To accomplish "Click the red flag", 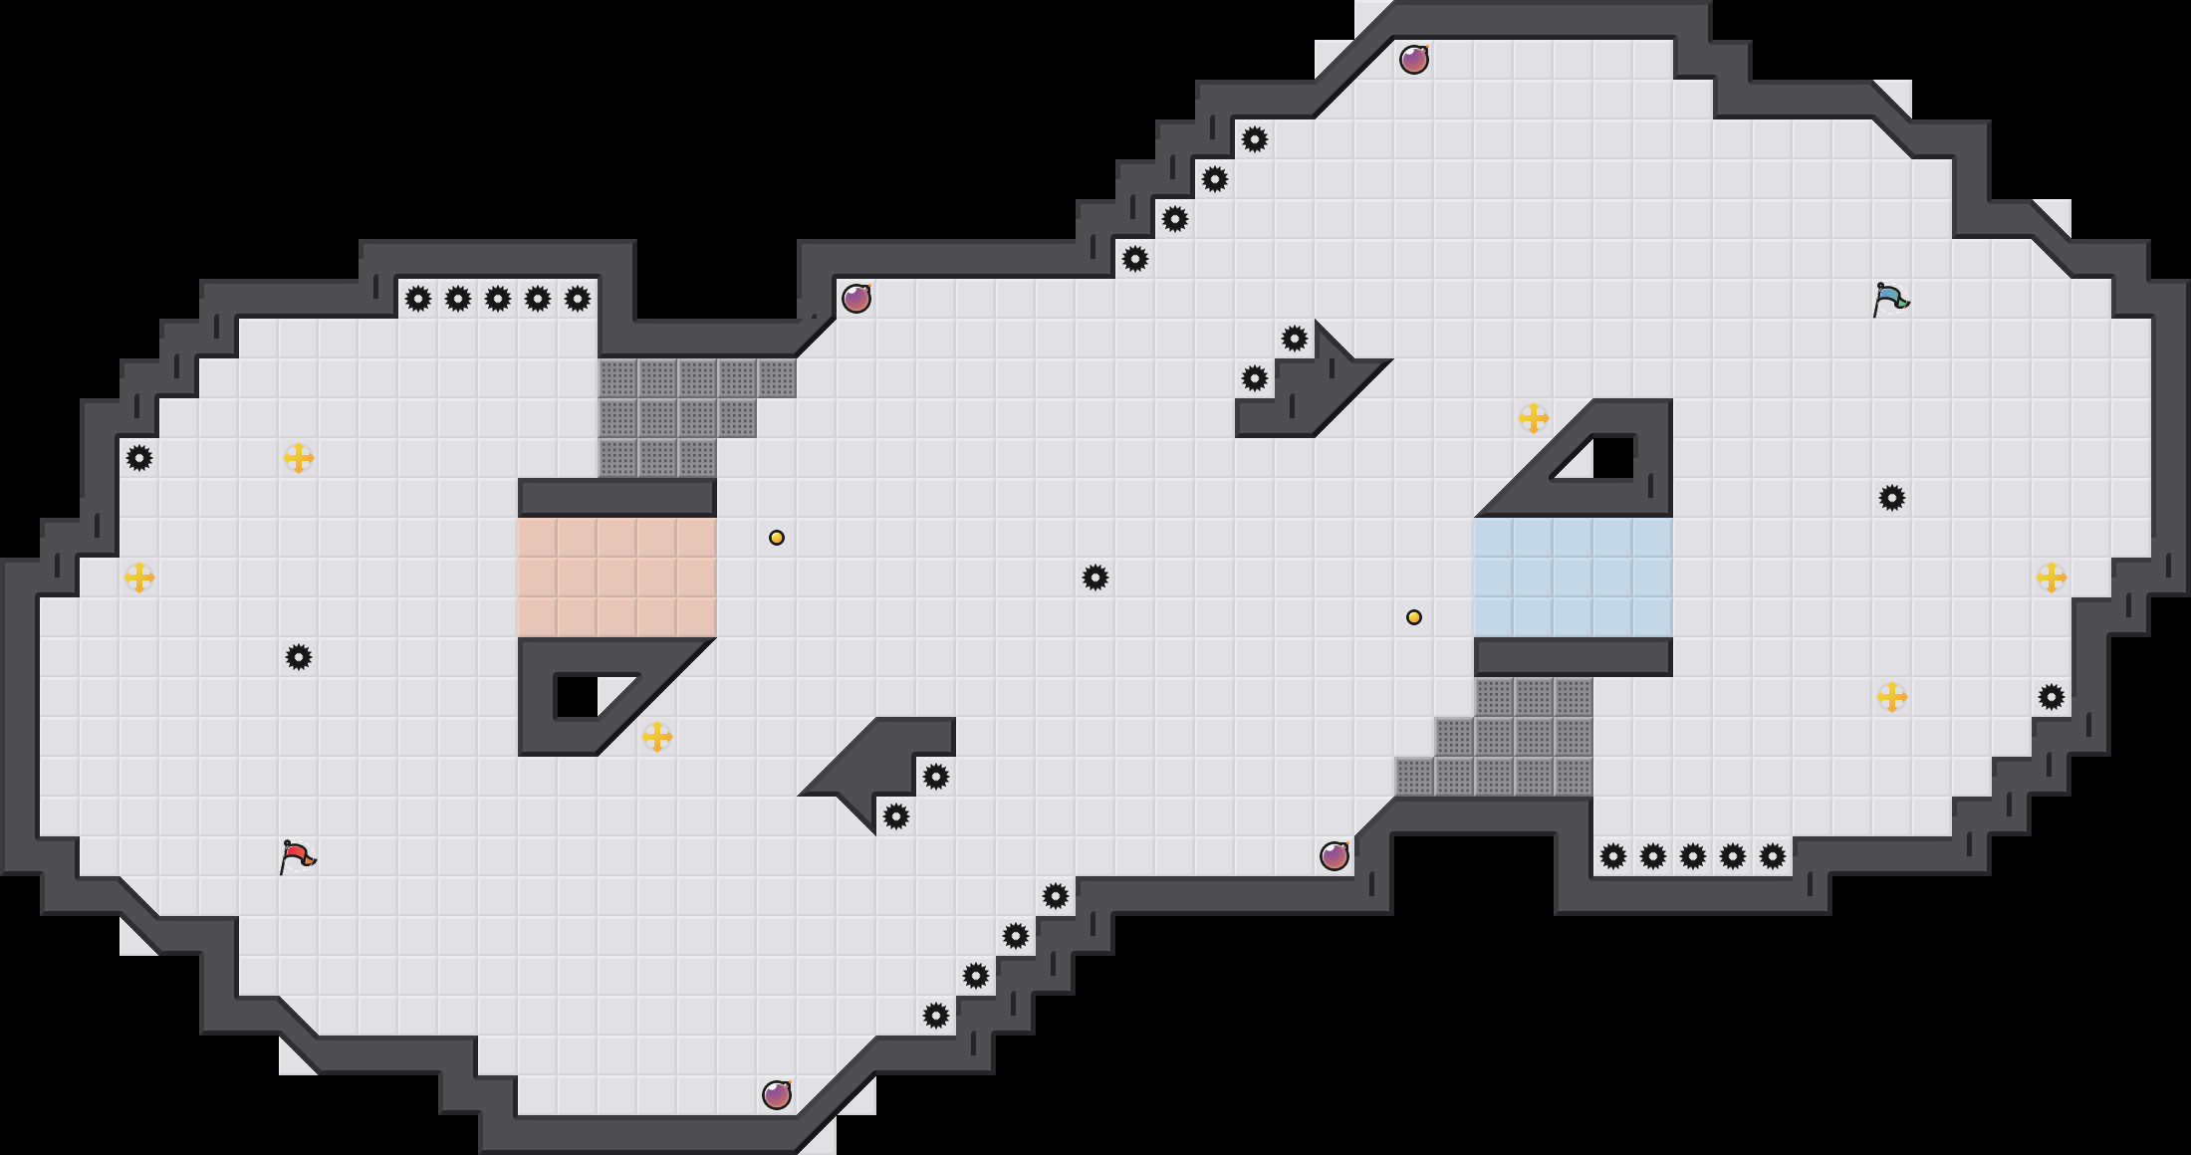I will pyautogui.click(x=297, y=856).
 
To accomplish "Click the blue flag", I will pyautogui.click(x=1890, y=299).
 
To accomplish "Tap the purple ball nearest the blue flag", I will pyautogui.click(x=1414, y=60).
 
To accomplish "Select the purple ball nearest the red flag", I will pyautogui.click(x=777, y=1095).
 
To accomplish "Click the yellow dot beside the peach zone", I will pyautogui.click(x=777, y=538).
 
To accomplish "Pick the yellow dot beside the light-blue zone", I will pyautogui.click(x=1414, y=617).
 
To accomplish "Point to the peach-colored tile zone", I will pyautogui.click(x=617, y=577).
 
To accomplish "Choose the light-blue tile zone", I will pyautogui.click(x=1574, y=577).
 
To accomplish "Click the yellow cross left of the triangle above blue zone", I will pyautogui.click(x=1534, y=418).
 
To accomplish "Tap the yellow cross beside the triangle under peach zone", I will pyautogui.click(x=657, y=737).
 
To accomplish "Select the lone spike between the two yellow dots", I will pyautogui.click(x=1095, y=577).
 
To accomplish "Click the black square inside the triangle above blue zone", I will pyautogui.click(x=1613, y=458).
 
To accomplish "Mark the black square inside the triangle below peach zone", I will pyautogui.click(x=576, y=697).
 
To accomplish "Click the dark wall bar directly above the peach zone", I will pyautogui.click(x=617, y=497).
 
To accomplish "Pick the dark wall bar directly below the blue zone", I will pyautogui.click(x=1574, y=657).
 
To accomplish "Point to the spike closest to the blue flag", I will pyautogui.click(x=1892, y=498).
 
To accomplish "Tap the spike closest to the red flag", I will pyautogui.click(x=299, y=657).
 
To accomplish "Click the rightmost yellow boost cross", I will pyautogui.click(x=2052, y=577).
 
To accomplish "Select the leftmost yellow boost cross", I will pyautogui.click(x=139, y=577).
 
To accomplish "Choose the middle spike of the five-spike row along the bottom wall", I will pyautogui.click(x=1693, y=856).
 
